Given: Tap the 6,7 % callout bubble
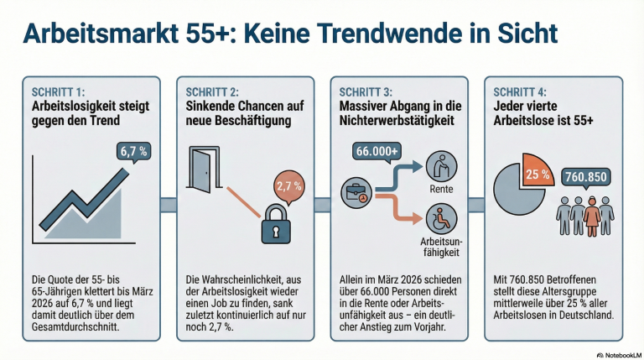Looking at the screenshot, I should tap(134, 153).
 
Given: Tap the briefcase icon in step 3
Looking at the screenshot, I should tap(358, 192).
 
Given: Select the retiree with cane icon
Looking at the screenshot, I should tap(438, 164).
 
